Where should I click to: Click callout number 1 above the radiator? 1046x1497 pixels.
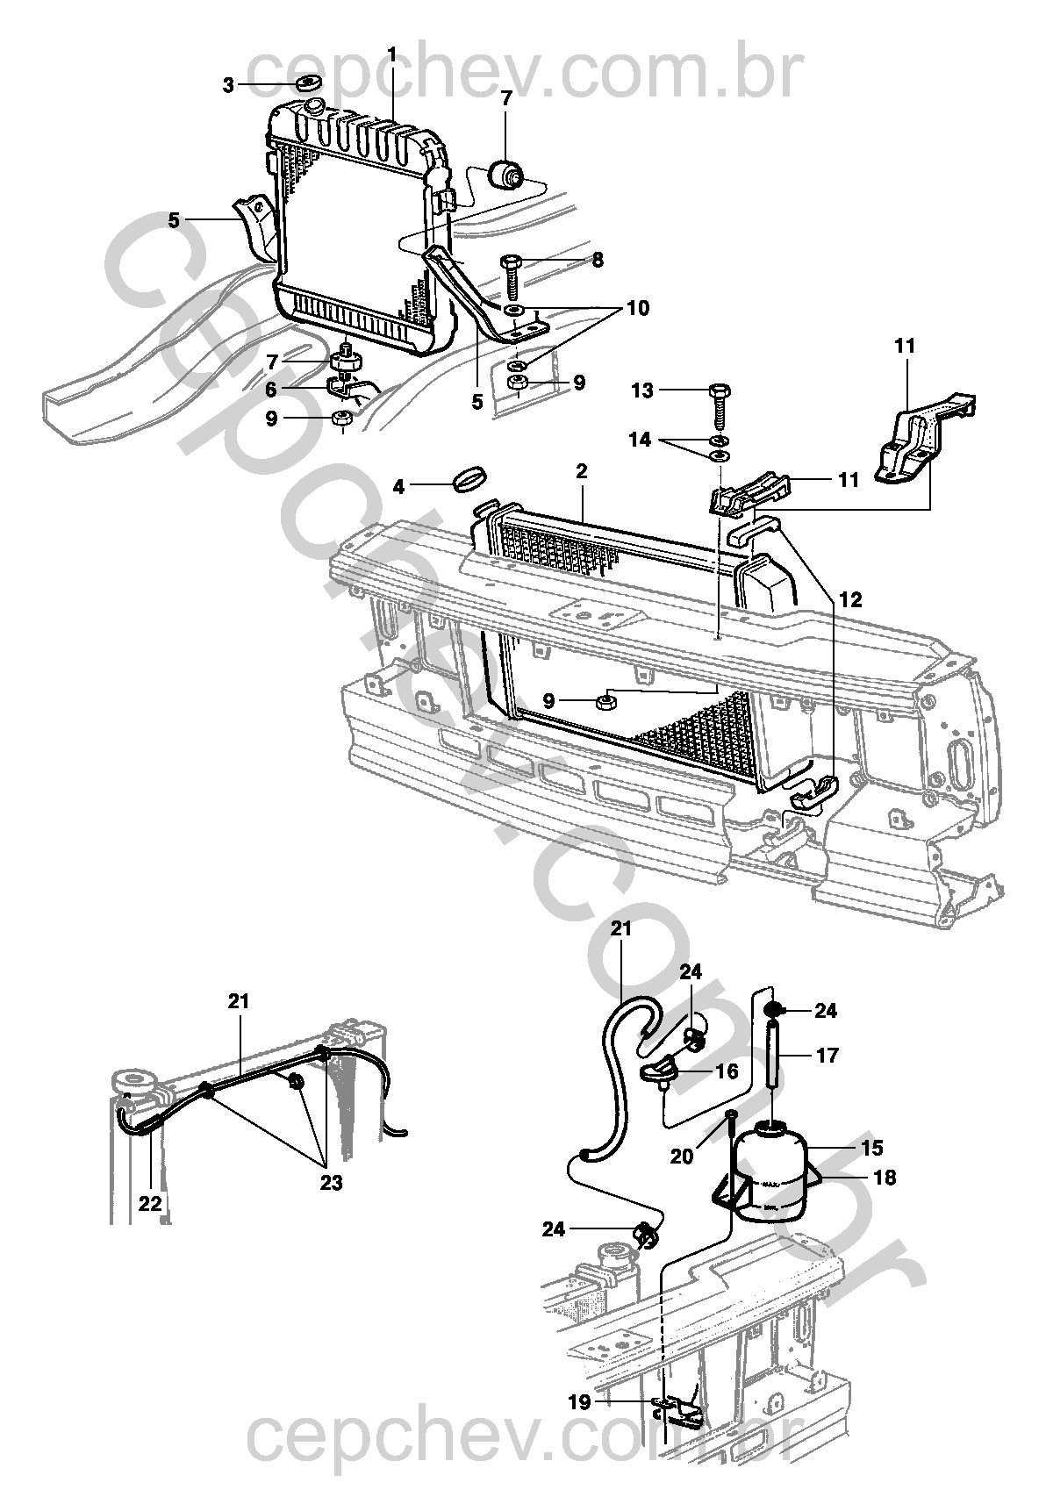(x=391, y=55)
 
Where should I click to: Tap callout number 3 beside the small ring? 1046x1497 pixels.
(x=228, y=85)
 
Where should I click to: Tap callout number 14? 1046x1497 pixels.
(x=641, y=440)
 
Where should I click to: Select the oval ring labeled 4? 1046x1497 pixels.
(x=471, y=482)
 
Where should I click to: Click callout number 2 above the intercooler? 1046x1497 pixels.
(x=581, y=471)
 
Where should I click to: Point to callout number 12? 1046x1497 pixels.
(x=849, y=600)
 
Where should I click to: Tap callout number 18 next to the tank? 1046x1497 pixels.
(x=885, y=1178)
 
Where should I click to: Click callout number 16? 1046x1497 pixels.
(x=727, y=1071)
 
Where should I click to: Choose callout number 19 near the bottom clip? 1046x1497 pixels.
(x=579, y=1402)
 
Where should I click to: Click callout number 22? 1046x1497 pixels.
(x=150, y=1204)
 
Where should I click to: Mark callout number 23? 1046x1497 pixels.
(x=330, y=1183)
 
